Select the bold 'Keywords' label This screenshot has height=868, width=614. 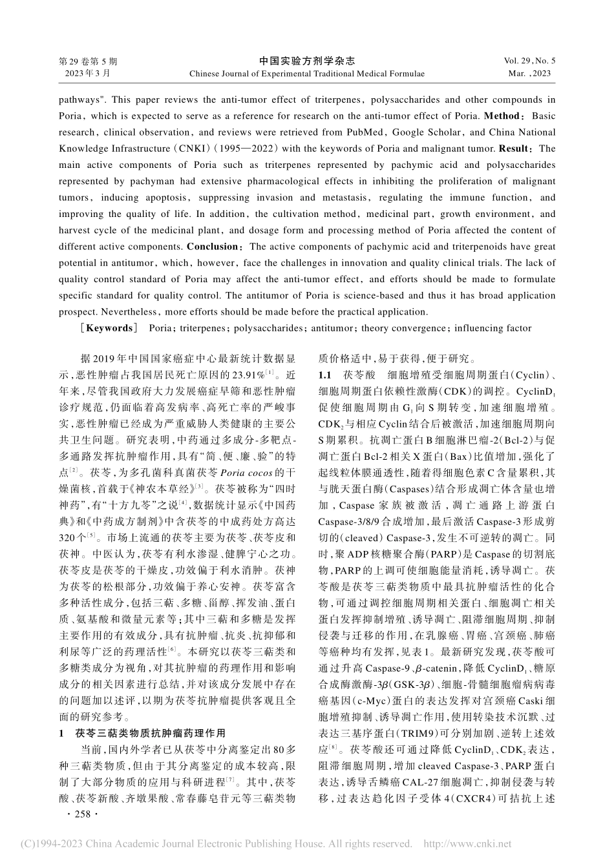tap(107, 328)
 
